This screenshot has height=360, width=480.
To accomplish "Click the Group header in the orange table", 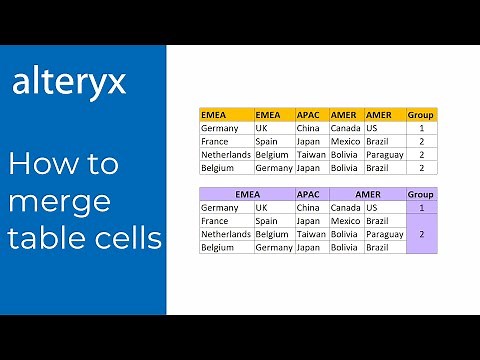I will (421, 115).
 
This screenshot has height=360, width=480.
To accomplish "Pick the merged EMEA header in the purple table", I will (246, 194).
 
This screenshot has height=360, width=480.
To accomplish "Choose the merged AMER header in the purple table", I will (367, 194).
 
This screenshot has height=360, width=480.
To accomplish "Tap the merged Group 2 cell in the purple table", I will (421, 233).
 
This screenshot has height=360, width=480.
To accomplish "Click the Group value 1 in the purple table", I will (421, 207).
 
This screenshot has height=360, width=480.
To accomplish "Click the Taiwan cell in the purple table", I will (310, 233).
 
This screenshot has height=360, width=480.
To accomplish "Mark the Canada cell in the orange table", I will (345, 128).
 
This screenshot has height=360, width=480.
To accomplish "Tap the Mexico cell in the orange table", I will (346, 141).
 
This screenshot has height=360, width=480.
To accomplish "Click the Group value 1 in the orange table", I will (421, 128).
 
